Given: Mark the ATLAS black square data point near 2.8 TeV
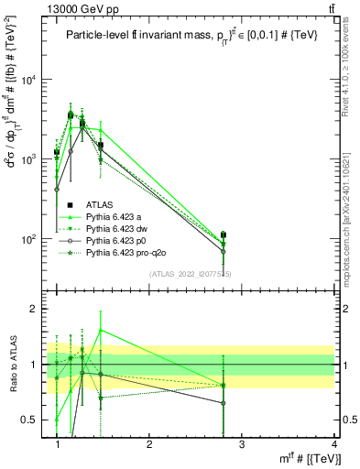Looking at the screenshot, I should [x=224, y=235].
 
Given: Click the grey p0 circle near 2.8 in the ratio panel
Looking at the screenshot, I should [x=224, y=403].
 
